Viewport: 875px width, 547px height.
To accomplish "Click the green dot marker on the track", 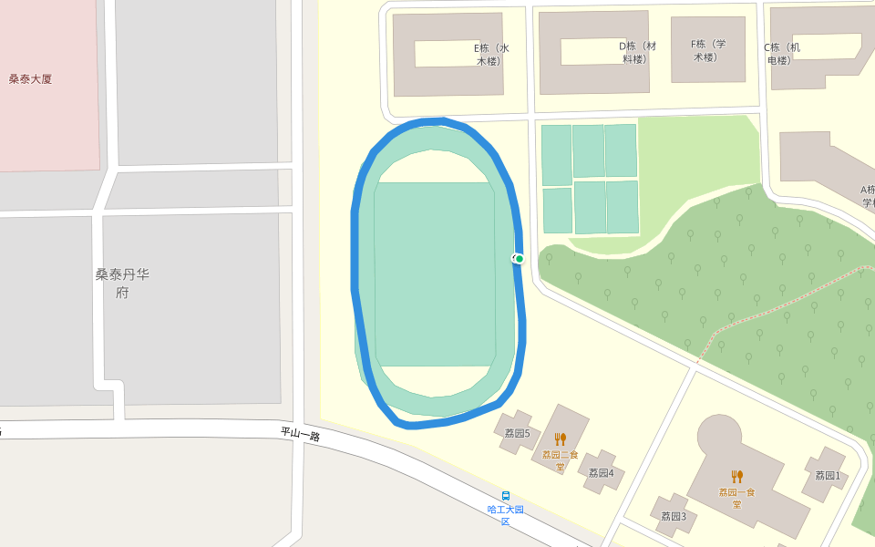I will pyautogui.click(x=520, y=259).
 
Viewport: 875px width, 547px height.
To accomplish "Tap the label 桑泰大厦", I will pyautogui.click(x=30, y=79).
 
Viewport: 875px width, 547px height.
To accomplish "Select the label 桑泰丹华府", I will pyautogui.click(x=122, y=283).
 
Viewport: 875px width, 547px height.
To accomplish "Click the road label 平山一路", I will pyautogui.click(x=300, y=435).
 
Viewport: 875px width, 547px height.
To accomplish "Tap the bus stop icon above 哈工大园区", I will pyautogui.click(x=506, y=496).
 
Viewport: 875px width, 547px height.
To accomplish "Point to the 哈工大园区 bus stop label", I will pyautogui.click(x=506, y=515).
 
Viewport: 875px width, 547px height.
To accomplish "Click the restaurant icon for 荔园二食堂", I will pyautogui.click(x=561, y=439).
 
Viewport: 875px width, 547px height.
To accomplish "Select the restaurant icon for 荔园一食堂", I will pyautogui.click(x=737, y=476).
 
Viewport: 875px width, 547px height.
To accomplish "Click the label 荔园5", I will pyautogui.click(x=517, y=433).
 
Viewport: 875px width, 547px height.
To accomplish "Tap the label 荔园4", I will pyautogui.click(x=601, y=473).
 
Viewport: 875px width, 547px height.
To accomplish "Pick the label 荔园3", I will pyautogui.click(x=674, y=516).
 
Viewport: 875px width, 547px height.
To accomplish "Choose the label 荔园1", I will pyautogui.click(x=828, y=476).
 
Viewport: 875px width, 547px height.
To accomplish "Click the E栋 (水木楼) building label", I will pyautogui.click(x=491, y=55).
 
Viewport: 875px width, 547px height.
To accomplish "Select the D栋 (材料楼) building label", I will pyautogui.click(x=637, y=53).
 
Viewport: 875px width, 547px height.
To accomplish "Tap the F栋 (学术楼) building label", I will pyautogui.click(x=708, y=50).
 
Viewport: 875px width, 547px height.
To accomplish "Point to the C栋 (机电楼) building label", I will pyautogui.click(x=782, y=54).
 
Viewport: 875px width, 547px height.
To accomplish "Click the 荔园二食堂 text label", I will pyautogui.click(x=560, y=460).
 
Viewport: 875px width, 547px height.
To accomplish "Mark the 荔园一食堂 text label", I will pyautogui.click(x=736, y=498).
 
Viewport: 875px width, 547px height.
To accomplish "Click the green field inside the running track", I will pyautogui.click(x=435, y=273).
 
